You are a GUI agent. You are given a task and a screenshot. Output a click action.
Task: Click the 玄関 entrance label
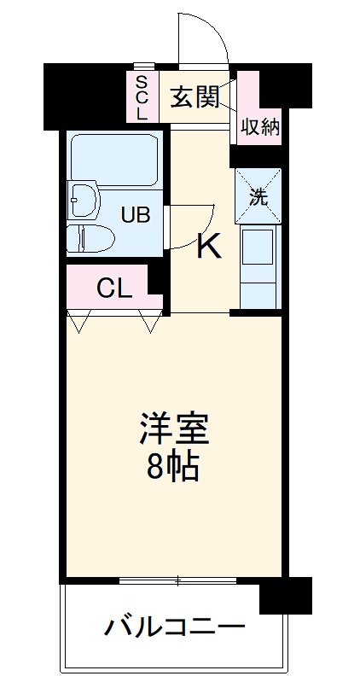[195, 97]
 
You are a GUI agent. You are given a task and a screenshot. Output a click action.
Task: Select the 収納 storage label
[259, 127]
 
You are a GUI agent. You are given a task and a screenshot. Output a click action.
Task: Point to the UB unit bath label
[134, 214]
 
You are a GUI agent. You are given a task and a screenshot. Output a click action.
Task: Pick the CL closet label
[113, 289]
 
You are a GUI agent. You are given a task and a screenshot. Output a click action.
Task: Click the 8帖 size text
[174, 465]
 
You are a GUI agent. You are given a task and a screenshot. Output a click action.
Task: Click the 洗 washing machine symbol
[258, 195]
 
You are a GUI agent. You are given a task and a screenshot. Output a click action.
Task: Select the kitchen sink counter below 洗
[258, 256]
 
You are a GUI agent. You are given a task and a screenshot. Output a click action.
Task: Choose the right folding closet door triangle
[151, 323]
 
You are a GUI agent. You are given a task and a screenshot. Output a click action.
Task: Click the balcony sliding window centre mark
[178, 581]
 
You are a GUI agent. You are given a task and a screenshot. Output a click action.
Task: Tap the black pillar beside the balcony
[285, 596]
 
